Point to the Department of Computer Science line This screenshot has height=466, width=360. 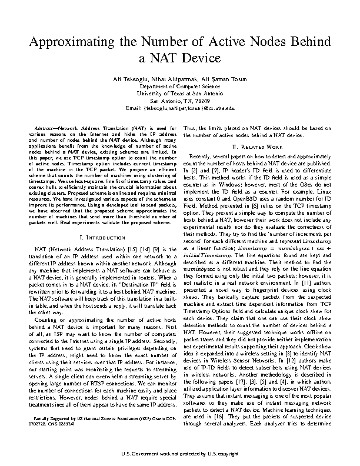(x=180, y=86)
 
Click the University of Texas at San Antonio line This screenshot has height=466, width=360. (x=180, y=93)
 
